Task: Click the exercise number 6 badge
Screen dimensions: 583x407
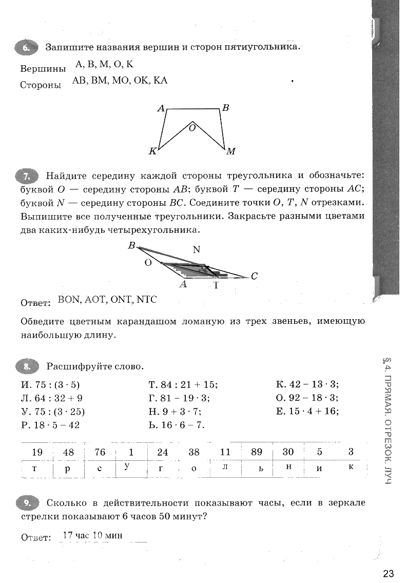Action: tap(27, 48)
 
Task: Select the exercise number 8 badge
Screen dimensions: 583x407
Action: tap(27, 366)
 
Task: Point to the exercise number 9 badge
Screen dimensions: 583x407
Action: tap(27, 502)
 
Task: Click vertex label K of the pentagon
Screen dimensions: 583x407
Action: tap(152, 151)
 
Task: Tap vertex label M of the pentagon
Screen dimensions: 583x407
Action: tap(231, 151)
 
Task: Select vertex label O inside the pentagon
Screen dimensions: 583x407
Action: tap(192, 128)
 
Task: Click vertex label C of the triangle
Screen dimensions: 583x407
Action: tap(254, 276)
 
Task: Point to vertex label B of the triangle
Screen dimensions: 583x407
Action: tap(131, 246)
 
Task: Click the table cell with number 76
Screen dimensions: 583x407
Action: tap(100, 452)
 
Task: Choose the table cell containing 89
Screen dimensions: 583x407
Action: tap(257, 452)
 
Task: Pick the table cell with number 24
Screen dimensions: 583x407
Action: tap(163, 452)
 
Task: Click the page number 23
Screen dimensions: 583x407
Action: tap(388, 573)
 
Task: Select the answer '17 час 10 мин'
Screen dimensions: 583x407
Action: tap(92, 536)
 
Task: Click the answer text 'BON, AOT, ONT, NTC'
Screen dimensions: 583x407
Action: tap(107, 300)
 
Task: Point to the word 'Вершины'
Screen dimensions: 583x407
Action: tap(43, 69)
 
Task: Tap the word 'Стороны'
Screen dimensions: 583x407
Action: tap(41, 85)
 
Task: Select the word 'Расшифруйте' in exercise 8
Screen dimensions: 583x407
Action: tap(76, 366)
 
